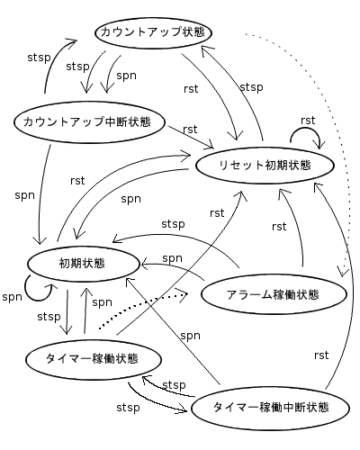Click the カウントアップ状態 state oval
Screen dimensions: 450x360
pos(153,32)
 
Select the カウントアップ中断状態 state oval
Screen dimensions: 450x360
pos(86,121)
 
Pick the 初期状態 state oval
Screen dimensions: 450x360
pos(82,264)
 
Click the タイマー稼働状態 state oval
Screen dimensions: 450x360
pos(92,358)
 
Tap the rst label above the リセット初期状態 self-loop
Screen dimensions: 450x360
pos(308,119)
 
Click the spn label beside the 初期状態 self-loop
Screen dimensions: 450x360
pos(12,297)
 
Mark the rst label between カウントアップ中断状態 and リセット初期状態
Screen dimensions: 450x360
pos(190,130)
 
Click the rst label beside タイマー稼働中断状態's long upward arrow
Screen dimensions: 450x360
pos(321,355)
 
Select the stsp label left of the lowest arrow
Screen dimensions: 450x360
pos(128,408)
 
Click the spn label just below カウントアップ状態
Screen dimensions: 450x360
pos(126,76)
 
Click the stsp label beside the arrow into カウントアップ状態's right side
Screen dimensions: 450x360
pos(251,86)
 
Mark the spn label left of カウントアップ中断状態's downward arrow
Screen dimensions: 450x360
pos(24,193)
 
